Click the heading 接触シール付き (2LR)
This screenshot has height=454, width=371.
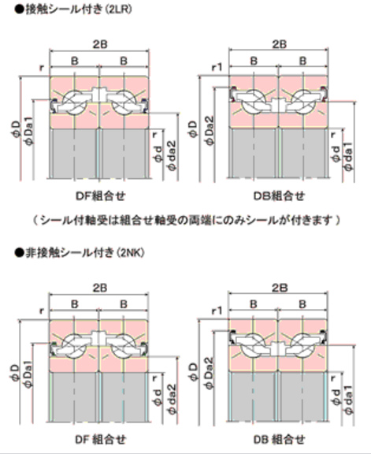[73, 9]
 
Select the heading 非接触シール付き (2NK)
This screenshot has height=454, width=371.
[80, 253]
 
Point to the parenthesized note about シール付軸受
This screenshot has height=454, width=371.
[187, 221]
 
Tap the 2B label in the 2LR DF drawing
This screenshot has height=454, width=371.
[100, 44]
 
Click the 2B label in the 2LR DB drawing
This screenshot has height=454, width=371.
[280, 44]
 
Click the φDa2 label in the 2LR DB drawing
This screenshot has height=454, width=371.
[210, 131]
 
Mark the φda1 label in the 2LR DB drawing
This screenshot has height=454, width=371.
[348, 156]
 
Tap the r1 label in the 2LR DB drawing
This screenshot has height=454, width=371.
[217, 68]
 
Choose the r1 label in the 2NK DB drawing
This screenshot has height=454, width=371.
[217, 311]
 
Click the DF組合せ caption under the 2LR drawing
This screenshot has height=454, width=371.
[100, 196]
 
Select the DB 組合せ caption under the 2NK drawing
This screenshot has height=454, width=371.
[280, 440]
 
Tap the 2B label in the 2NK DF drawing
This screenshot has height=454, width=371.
[100, 288]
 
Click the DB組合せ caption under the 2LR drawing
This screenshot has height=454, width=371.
[280, 196]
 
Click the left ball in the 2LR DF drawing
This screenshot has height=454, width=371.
[75, 102]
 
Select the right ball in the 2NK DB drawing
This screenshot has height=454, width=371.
[302, 345]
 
